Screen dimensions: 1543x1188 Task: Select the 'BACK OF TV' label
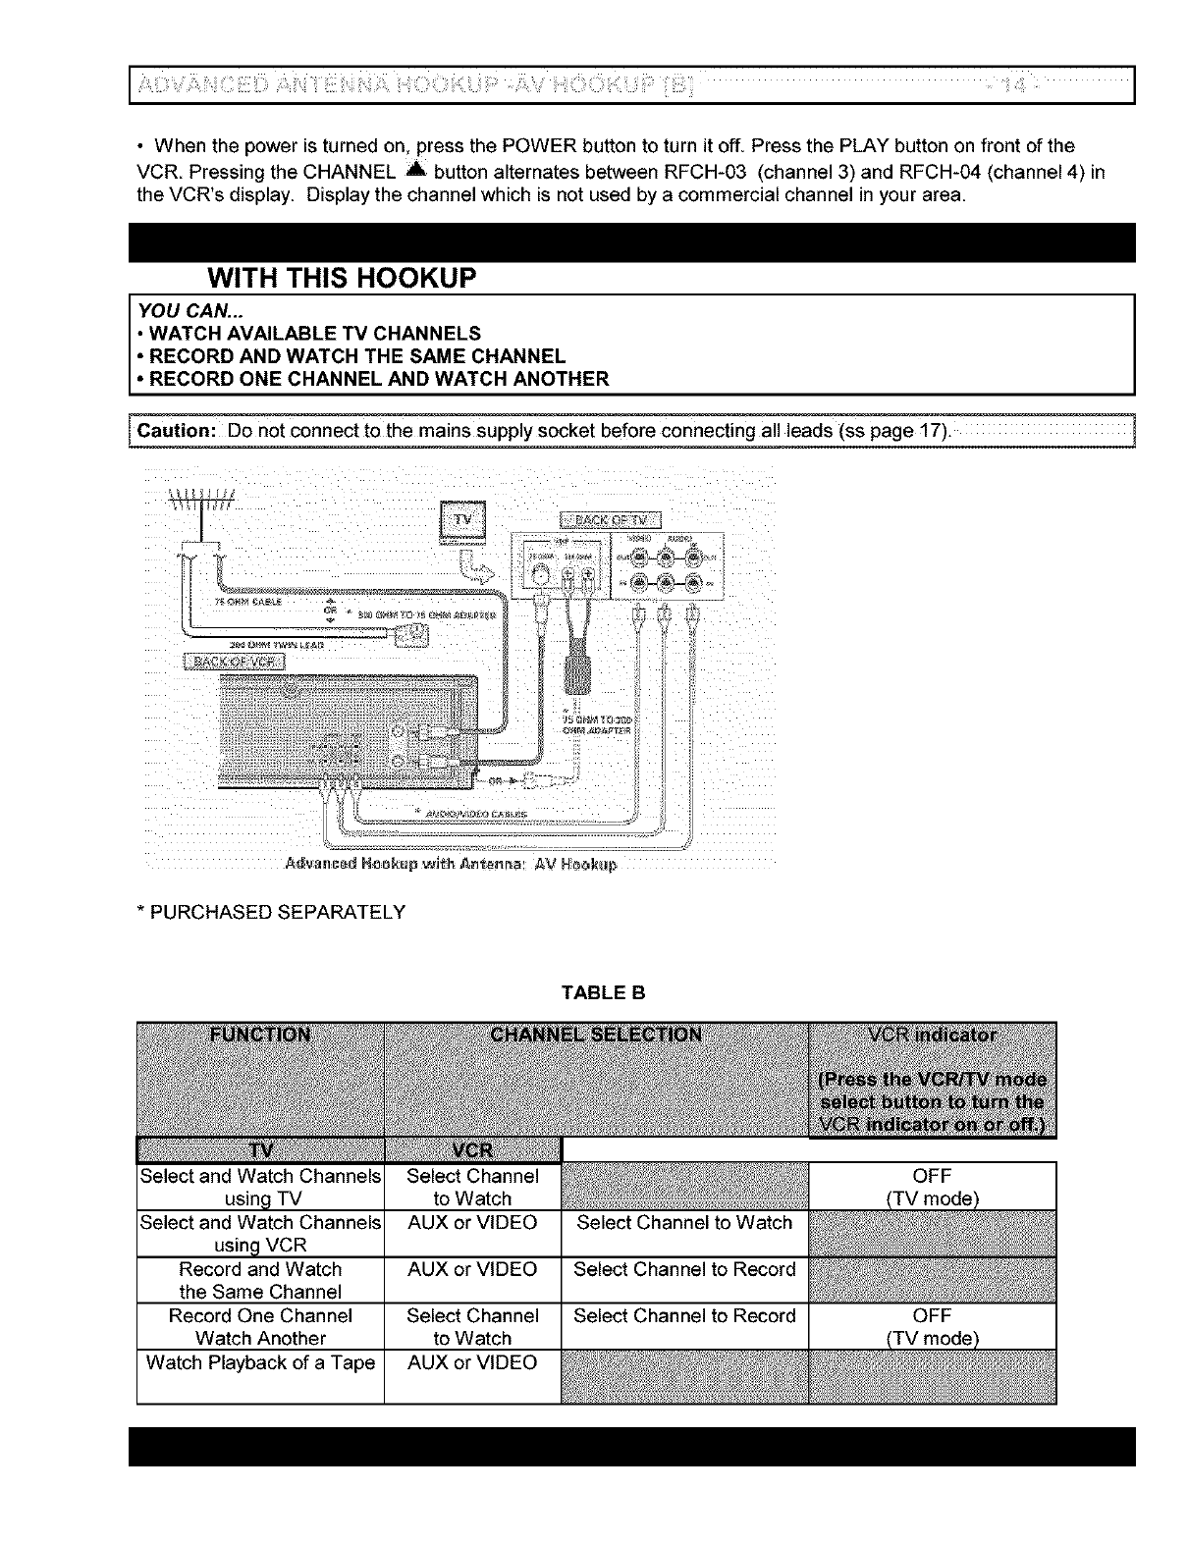pyautogui.click(x=611, y=519)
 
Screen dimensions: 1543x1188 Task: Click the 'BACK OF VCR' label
pyautogui.click(x=234, y=661)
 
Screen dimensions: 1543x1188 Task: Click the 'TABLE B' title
pyautogui.click(x=603, y=992)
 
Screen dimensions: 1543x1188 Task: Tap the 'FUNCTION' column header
pyautogui.click(x=260, y=1035)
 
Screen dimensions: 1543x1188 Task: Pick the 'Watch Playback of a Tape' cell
pyautogui.click(x=260, y=1362)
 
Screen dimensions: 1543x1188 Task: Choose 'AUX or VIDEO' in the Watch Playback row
pyautogui.click(x=472, y=1362)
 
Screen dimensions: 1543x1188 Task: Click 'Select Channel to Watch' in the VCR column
pyautogui.click(x=684, y=1222)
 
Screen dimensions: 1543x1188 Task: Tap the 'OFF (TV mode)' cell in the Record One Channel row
pyautogui.click(x=932, y=1327)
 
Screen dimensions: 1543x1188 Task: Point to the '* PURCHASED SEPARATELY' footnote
pyautogui.click(x=271, y=912)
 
